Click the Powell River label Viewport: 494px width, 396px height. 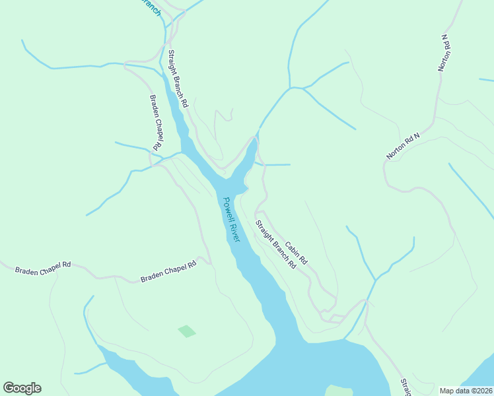coord(231,220)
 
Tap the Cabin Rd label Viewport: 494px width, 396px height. coord(297,251)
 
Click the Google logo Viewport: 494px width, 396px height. coord(22,388)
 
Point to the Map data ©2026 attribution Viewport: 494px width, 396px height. coord(465,390)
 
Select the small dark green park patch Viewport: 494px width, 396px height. coord(187,331)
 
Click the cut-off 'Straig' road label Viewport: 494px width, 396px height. coord(405,387)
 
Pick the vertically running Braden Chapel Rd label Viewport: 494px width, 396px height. coord(156,121)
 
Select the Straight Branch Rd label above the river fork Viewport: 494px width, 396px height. coord(178,79)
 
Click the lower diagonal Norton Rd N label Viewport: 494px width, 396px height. coord(403,145)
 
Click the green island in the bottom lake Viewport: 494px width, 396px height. coord(339,391)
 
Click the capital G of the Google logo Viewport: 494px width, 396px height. coord(9,388)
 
